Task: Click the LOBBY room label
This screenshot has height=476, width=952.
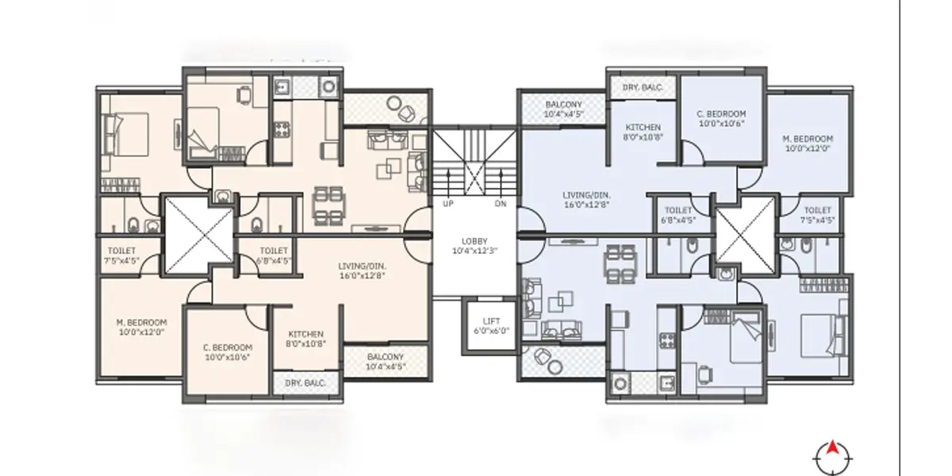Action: pyautogui.click(x=474, y=241)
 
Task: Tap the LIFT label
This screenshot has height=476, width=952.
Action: pyautogui.click(x=491, y=321)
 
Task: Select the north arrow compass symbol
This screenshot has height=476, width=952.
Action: pyautogui.click(x=832, y=459)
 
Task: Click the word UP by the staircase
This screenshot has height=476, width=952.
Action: pyautogui.click(x=448, y=204)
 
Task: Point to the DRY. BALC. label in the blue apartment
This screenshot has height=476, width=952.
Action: pyautogui.click(x=643, y=87)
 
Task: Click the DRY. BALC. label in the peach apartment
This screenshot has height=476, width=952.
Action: pyautogui.click(x=305, y=383)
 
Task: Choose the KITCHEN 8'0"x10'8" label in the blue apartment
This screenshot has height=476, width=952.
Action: pyautogui.click(x=643, y=132)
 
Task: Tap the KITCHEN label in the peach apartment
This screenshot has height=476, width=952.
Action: pyautogui.click(x=306, y=339)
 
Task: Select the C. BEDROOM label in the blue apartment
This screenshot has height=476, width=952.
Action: pyautogui.click(x=722, y=118)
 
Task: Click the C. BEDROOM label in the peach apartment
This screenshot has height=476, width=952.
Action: pyautogui.click(x=228, y=352)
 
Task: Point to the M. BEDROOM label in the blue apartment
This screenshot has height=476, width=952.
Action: pyautogui.click(x=808, y=144)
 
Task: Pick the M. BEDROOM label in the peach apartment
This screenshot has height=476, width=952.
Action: pyautogui.click(x=141, y=327)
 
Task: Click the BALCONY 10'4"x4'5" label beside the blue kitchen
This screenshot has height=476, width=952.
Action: pyautogui.click(x=563, y=109)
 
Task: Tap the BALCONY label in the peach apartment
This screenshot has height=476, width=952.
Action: pyautogui.click(x=386, y=362)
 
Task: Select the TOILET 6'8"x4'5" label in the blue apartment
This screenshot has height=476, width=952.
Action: pyautogui.click(x=678, y=215)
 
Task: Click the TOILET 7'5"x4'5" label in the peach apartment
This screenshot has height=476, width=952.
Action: pyautogui.click(x=121, y=255)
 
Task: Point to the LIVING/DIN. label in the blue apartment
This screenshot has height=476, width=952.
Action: pyautogui.click(x=587, y=200)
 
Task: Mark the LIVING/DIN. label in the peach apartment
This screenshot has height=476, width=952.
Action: pyautogui.click(x=362, y=271)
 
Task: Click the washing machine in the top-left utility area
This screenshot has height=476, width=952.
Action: pyautogui.click(x=328, y=87)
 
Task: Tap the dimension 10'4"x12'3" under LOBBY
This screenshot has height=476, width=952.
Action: pyautogui.click(x=474, y=251)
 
